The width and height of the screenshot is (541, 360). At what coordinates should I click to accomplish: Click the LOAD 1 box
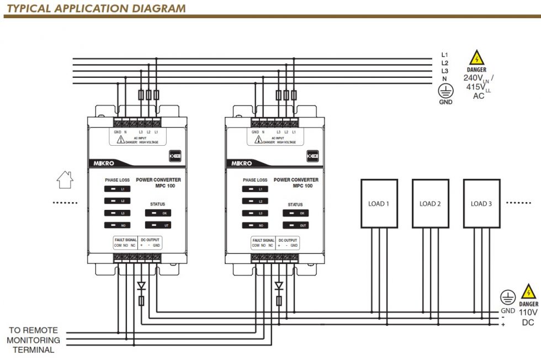379,203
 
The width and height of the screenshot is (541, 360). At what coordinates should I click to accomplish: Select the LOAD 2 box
430,203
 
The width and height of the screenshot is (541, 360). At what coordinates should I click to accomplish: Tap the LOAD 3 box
481,203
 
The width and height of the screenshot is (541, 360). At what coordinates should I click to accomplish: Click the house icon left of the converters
65,180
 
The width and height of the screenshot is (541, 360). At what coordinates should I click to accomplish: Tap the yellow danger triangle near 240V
476,58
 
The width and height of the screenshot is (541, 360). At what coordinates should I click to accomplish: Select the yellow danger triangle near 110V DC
528,291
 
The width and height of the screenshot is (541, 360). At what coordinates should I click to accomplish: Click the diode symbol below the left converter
141,286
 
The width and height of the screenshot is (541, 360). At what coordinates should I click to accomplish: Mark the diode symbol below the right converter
279,286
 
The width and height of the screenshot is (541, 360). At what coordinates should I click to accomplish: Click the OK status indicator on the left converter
158,213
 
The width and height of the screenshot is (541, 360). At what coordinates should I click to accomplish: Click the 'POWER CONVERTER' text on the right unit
296,179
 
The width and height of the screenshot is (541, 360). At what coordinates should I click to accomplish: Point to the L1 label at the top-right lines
444,55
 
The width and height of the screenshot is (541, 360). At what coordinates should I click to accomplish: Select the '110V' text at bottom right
528,313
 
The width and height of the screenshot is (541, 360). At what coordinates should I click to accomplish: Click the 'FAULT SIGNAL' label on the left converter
126,240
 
